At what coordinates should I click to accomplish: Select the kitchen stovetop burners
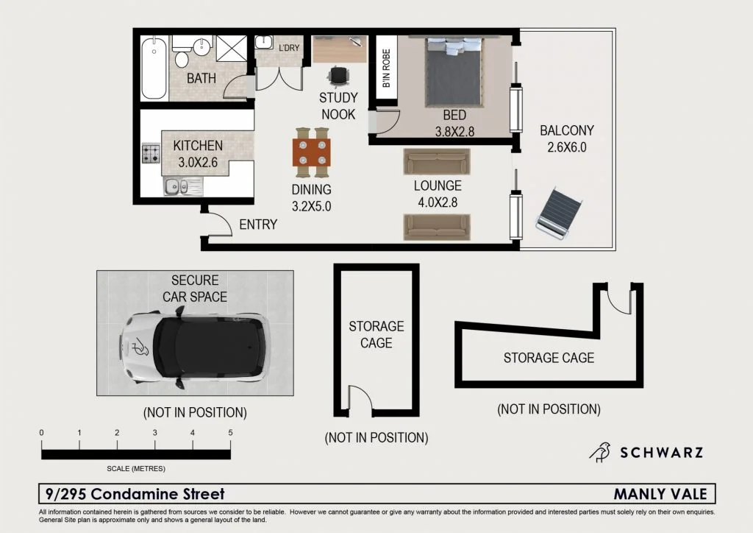pos(151,154)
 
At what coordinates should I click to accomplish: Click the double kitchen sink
pos(176,187)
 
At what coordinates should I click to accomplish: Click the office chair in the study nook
pos(339,75)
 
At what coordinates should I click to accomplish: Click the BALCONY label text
pos(566,131)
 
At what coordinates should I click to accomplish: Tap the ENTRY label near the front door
pos(258,225)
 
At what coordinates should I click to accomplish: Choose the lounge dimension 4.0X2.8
pos(437,201)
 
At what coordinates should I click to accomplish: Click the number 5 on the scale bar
pos(230,433)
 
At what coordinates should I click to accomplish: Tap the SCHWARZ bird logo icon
pos(601,451)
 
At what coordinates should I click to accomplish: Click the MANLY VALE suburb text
pos(660,494)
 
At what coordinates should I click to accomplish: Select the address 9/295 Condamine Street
pos(135,494)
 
